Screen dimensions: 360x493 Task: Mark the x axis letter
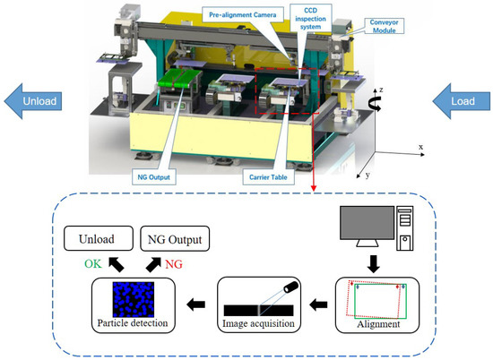[x=419, y=146]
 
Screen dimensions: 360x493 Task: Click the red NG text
[x=174, y=266]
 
